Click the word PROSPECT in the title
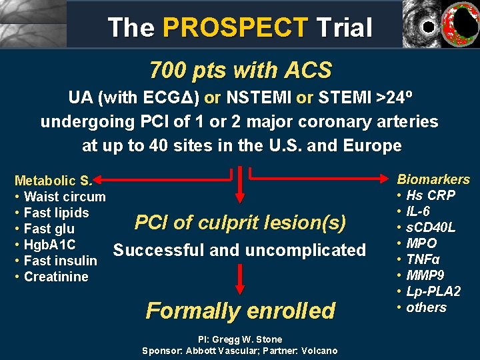235,28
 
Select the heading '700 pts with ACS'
240,69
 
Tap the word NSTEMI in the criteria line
259,98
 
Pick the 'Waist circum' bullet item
64,197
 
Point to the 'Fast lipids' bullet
56,213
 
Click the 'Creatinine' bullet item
56,277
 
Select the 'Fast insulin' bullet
60,261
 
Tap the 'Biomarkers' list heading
433,179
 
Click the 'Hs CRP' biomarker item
431,195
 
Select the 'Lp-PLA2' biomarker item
433,291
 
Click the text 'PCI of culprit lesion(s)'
240,223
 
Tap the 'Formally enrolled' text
240,311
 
